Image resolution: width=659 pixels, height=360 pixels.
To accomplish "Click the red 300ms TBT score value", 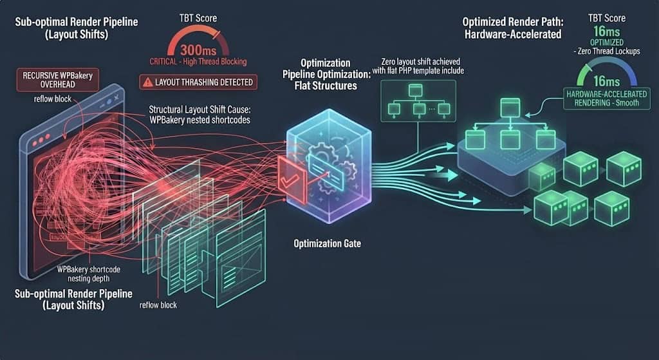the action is [x=198, y=50].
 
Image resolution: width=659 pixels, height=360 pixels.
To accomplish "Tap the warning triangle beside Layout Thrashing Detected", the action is [x=147, y=82].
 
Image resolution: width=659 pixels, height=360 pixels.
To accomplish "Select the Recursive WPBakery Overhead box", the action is [x=57, y=79].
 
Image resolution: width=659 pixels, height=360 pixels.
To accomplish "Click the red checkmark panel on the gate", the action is [x=292, y=181].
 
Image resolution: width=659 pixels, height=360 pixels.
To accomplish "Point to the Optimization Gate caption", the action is [x=327, y=243].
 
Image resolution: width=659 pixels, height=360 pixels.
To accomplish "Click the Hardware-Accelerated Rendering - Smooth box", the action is [x=606, y=99].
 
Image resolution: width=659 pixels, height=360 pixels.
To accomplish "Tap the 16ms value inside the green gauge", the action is [x=606, y=81].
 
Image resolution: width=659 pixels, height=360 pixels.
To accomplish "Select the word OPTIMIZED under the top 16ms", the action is [x=606, y=43].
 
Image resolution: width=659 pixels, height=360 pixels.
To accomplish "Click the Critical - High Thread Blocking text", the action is [x=198, y=62].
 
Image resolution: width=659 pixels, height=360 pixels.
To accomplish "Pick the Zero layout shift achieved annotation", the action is [x=418, y=66].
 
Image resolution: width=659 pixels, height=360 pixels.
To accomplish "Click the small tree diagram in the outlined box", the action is [x=418, y=101].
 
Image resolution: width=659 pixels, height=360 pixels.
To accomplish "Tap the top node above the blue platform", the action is [x=510, y=108].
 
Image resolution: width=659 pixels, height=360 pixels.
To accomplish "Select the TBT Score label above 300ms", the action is [x=198, y=18].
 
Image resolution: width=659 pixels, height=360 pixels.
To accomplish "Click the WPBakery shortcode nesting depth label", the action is [x=89, y=274].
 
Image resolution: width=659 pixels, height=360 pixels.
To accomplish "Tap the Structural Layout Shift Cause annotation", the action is [x=200, y=115].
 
